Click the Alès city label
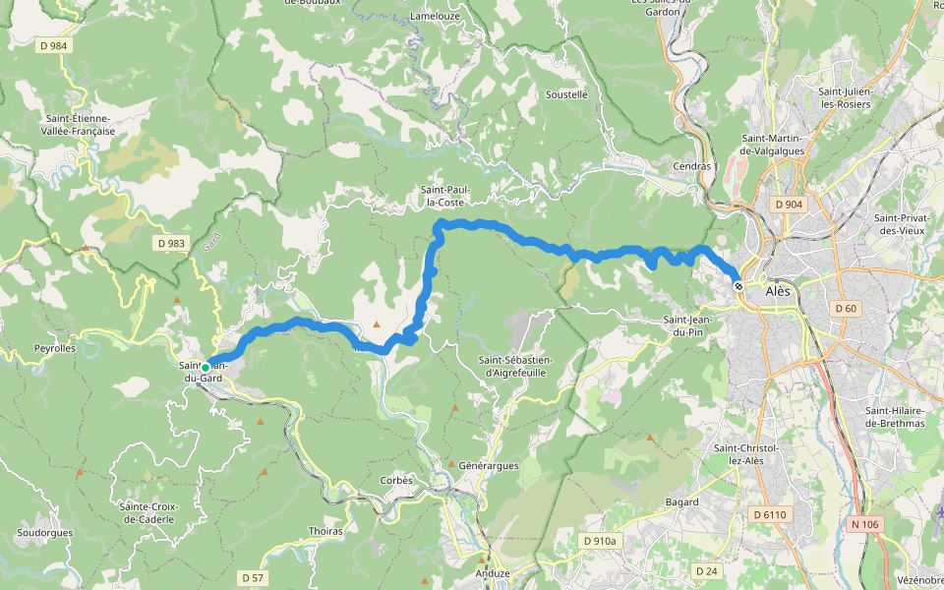click(x=777, y=291)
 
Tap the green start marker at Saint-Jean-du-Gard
click(x=206, y=367)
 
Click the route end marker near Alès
click(x=738, y=285)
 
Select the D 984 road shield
click(x=54, y=45)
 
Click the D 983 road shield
click(x=170, y=242)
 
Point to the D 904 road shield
click(x=789, y=205)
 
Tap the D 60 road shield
click(x=846, y=308)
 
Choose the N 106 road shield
click(x=866, y=524)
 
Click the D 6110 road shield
click(x=770, y=514)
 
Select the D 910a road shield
click(x=599, y=541)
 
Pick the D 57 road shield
click(x=253, y=577)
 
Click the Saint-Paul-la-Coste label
click(x=444, y=196)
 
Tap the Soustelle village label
click(x=566, y=95)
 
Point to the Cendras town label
click(x=691, y=166)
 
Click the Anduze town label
click(x=492, y=573)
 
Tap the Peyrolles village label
click(x=55, y=348)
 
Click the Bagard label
click(x=681, y=501)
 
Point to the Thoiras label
click(x=325, y=531)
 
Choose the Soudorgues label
click(x=44, y=533)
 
